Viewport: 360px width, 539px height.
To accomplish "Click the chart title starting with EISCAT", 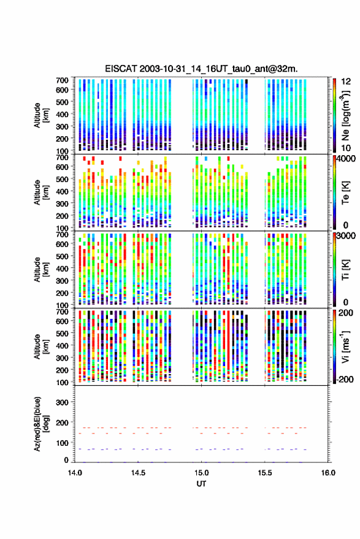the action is pyautogui.click(x=201, y=69).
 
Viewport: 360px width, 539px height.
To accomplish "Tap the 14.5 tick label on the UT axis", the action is pyautogui.click(x=138, y=473).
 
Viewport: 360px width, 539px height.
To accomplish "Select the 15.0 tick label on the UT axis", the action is pyautogui.click(x=202, y=473).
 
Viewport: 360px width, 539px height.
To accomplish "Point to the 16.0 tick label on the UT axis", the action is pyautogui.click(x=328, y=473).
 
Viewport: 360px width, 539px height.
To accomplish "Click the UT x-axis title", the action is pyautogui.click(x=202, y=484).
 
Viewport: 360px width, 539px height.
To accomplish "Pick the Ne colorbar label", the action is pyautogui.click(x=345, y=115).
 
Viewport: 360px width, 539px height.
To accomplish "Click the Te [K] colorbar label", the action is pyautogui.click(x=345, y=193).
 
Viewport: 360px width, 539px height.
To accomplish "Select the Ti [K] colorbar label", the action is pyautogui.click(x=345, y=270).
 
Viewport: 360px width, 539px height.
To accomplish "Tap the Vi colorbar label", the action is pyautogui.click(x=345, y=346).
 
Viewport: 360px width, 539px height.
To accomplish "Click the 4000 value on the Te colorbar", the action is pyautogui.click(x=346, y=159).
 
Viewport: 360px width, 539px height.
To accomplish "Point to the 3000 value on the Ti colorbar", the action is pyautogui.click(x=346, y=236).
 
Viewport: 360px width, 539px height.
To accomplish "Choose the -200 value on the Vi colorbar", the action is pyautogui.click(x=345, y=380).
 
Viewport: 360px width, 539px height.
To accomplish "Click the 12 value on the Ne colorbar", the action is pyautogui.click(x=346, y=82).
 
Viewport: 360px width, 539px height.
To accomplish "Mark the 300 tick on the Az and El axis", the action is pyautogui.click(x=62, y=402).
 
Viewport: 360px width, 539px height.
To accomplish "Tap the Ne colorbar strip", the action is pyautogui.click(x=334, y=115).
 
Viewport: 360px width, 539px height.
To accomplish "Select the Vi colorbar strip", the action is pyautogui.click(x=334, y=346).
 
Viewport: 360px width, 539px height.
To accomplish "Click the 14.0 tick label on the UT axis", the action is pyautogui.click(x=75, y=473).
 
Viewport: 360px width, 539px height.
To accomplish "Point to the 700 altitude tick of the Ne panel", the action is pyautogui.click(x=62, y=80).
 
